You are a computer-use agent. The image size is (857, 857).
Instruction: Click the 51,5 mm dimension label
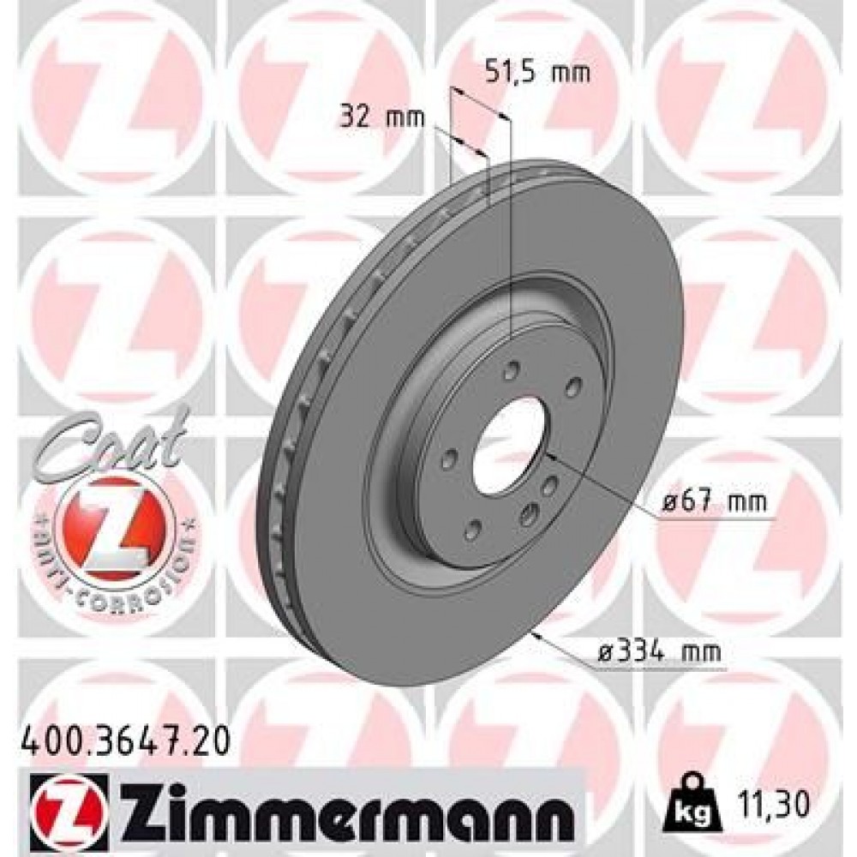click(538, 73)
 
